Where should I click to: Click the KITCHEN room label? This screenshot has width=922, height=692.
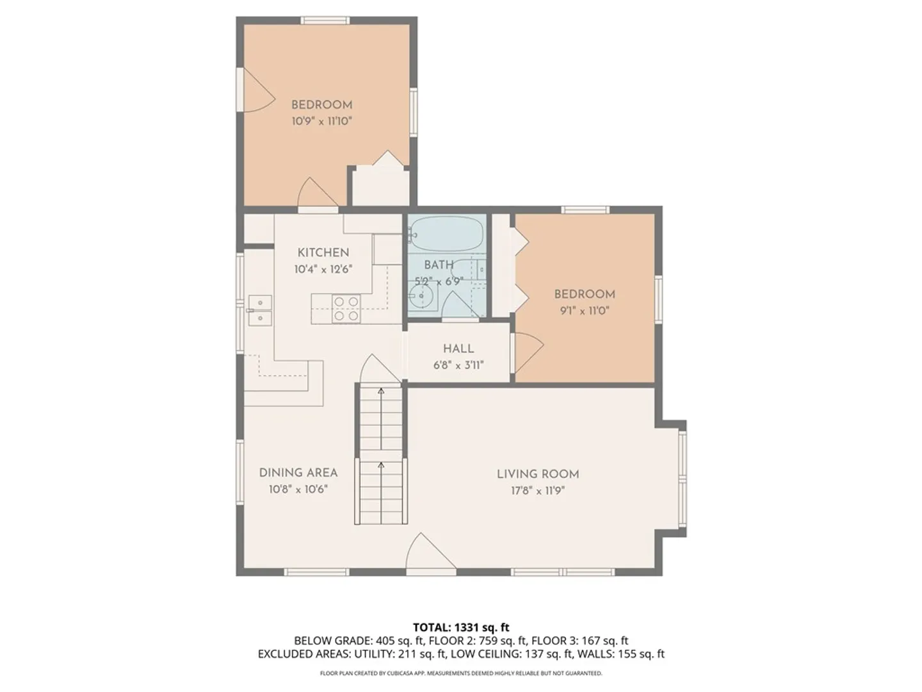323,252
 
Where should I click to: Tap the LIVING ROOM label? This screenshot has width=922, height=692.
538,474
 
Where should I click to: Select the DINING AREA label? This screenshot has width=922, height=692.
298,473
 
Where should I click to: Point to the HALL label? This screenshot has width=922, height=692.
458,349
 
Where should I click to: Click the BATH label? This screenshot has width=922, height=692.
439,265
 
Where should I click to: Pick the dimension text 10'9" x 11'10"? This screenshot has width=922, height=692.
322,122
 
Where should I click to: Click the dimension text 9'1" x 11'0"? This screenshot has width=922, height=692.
585,311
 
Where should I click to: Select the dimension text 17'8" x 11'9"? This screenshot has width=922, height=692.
538,491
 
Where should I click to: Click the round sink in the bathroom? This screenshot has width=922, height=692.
421,296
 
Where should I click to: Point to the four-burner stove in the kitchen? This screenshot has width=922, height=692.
346,309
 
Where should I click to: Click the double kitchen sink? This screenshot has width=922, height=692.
259,310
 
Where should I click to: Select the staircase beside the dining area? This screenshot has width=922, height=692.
382,454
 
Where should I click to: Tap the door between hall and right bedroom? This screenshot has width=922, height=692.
527,353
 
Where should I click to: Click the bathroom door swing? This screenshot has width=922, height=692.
460,305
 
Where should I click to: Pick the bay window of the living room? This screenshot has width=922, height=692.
683,479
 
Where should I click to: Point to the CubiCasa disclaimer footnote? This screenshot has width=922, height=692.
461,673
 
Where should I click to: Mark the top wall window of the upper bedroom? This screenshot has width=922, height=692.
325,20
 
